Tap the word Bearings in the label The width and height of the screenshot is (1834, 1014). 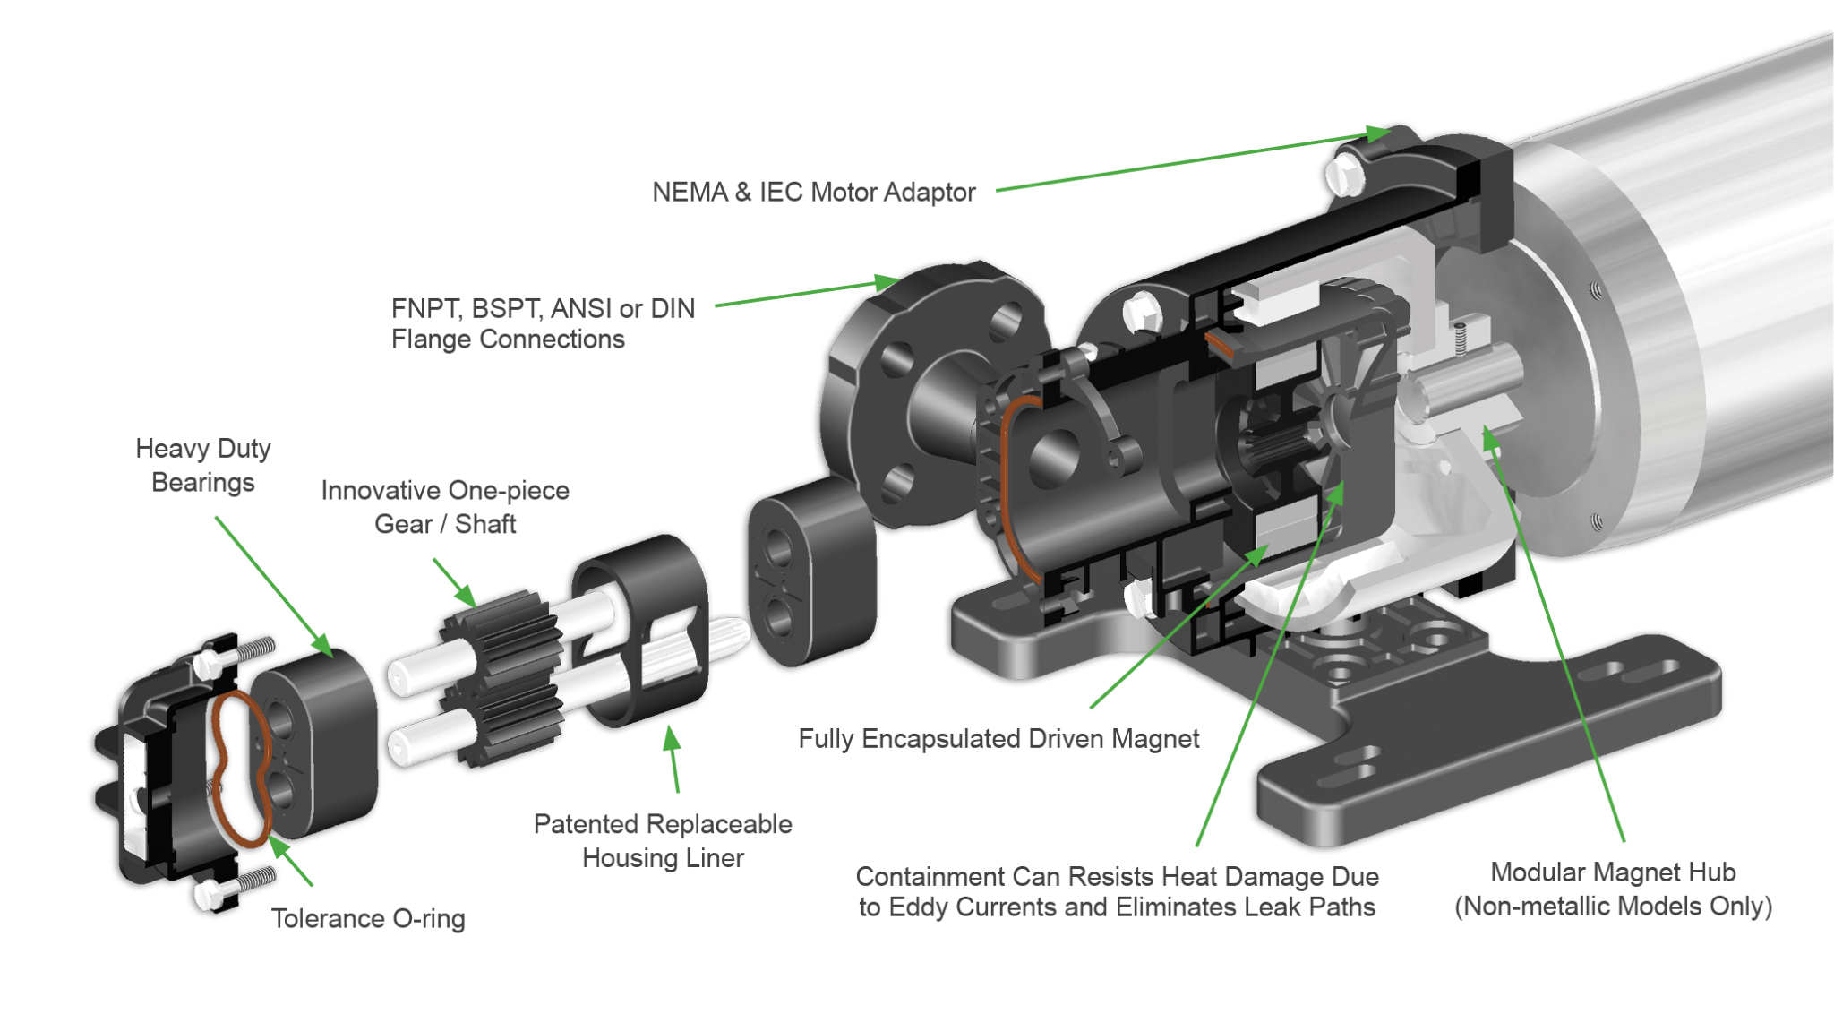(x=203, y=482)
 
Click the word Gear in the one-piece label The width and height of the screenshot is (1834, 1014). (x=403, y=524)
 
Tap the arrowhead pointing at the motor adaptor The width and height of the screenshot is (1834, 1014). (x=1377, y=134)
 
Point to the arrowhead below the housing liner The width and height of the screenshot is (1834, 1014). (x=671, y=740)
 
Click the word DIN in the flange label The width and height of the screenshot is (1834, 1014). (x=673, y=309)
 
